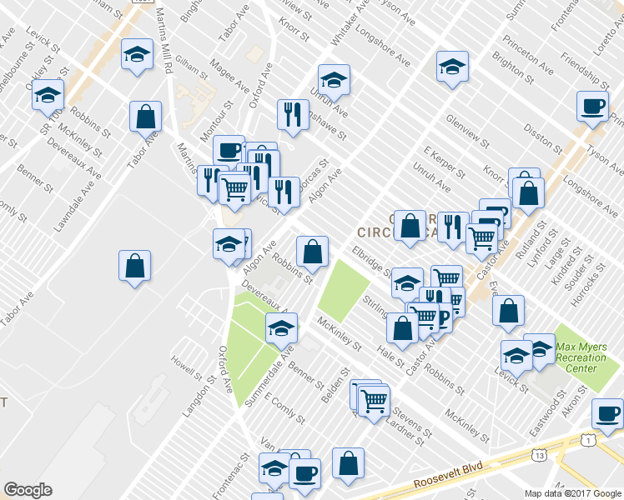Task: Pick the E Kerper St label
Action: click(444, 162)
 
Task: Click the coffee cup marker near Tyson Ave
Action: click(593, 107)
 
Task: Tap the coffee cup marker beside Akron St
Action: click(607, 413)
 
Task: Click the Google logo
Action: click(28, 490)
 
